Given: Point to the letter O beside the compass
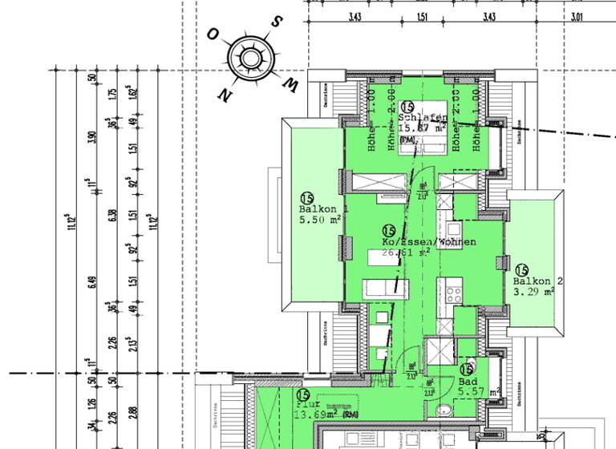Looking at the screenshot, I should [213, 34].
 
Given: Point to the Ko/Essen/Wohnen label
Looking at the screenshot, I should [429, 242].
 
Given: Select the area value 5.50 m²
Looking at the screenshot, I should [321, 219].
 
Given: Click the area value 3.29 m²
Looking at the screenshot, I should [533, 293].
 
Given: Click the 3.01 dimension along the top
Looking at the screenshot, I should [576, 16].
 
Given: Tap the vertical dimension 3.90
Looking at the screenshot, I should [91, 137].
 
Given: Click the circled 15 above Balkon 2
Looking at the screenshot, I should [522, 269].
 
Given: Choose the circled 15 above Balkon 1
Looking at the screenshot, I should [306, 198].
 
